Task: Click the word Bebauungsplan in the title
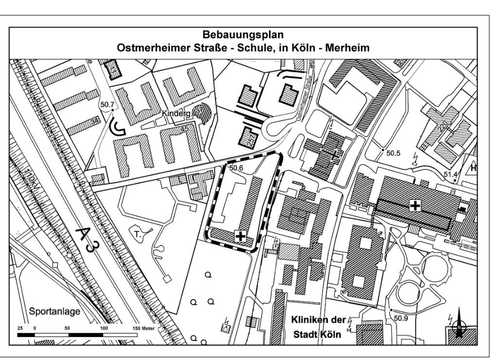pyautogui.click(x=249, y=36)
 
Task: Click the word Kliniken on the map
pyautogui.click(x=315, y=320)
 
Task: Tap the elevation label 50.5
pyautogui.click(x=393, y=153)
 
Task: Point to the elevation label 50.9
pyautogui.click(x=401, y=319)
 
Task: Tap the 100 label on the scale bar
pyautogui.click(x=104, y=329)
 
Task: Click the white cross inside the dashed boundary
pyautogui.click(x=240, y=236)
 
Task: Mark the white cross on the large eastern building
pyautogui.click(x=415, y=205)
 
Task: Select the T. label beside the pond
pyautogui.click(x=138, y=234)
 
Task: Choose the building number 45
pyautogui.click(x=184, y=129)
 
